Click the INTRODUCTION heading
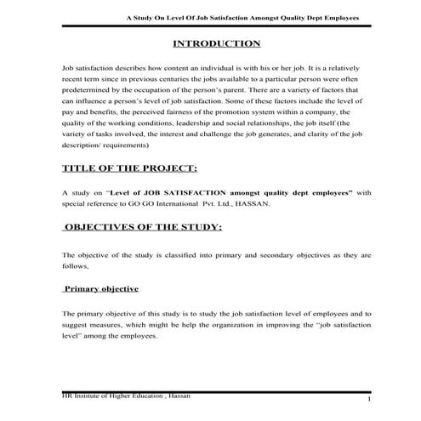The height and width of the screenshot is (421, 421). coord(216,43)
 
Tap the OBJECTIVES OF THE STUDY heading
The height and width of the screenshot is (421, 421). coord(145,227)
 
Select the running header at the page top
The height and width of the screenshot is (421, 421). coord(242,16)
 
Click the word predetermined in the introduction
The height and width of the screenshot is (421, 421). coord(88,88)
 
